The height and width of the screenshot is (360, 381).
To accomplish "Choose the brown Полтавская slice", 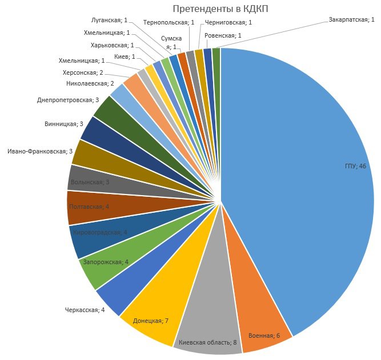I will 91,207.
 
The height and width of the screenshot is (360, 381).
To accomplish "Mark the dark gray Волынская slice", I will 91,181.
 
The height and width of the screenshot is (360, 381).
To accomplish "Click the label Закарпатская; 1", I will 351,19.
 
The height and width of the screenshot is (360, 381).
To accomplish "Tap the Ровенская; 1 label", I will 223,35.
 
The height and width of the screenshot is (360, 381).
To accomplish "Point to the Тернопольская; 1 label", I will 169,23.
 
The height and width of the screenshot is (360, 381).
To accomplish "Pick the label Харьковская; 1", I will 113,45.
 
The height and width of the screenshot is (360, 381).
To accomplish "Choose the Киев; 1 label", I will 125,56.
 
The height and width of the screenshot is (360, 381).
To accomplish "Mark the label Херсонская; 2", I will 83,72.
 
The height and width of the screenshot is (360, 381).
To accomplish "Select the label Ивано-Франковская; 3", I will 40,151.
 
